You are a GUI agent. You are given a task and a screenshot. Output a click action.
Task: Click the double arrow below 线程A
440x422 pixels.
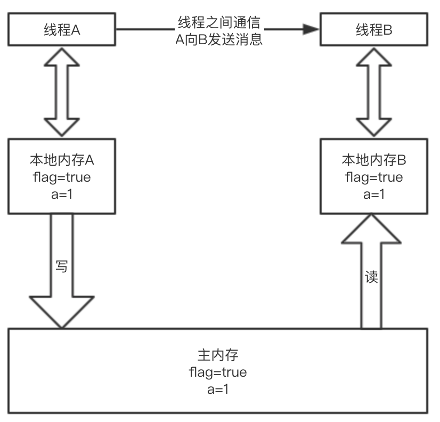click(62, 91)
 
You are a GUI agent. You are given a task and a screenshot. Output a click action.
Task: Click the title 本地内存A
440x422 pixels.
click(62, 160)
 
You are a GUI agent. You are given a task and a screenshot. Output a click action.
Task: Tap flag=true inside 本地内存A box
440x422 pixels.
click(62, 177)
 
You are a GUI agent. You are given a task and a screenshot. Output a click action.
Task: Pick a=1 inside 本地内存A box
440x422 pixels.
click(62, 194)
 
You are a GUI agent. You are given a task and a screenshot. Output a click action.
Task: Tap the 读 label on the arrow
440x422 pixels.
click(371, 278)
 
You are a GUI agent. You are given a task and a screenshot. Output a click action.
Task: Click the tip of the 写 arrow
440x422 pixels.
click(62, 326)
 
